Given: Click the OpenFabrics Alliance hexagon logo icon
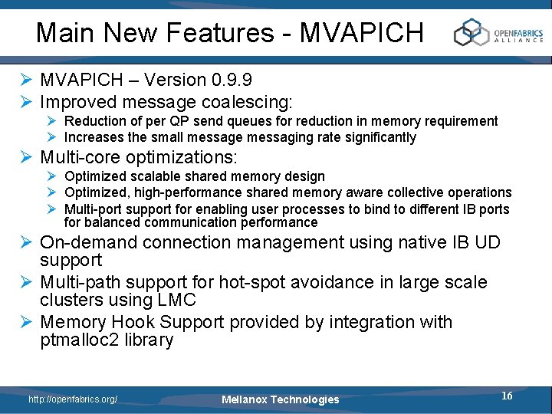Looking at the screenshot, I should (x=471, y=33).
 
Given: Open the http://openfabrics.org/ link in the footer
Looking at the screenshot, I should (x=73, y=399).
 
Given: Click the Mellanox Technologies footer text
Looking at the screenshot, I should (x=280, y=399).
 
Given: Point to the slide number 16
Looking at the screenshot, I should (x=507, y=396).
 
